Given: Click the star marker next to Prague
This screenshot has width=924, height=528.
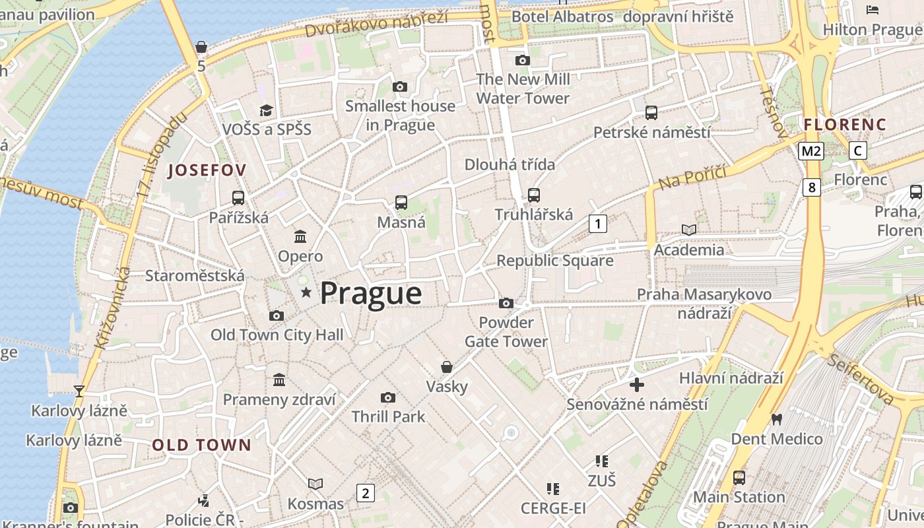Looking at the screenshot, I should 306,292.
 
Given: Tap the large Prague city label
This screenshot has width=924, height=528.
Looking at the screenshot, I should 371,293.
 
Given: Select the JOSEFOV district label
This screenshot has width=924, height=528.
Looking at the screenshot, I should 207,170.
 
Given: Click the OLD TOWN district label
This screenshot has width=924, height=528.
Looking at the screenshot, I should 202,445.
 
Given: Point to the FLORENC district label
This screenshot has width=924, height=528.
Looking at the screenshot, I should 845,124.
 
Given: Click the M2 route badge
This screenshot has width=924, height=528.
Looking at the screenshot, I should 810,151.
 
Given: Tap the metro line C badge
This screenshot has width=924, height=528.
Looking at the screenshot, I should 857,150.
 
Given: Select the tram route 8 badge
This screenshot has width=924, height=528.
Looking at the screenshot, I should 811,187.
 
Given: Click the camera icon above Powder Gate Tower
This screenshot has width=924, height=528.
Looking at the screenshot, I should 506,303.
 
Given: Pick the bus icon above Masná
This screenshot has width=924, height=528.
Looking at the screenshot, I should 401,203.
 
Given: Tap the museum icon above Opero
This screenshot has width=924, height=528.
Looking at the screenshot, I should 300,236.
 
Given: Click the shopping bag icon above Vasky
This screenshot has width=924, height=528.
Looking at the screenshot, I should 447,367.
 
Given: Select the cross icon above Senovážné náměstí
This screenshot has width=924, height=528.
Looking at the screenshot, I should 637,384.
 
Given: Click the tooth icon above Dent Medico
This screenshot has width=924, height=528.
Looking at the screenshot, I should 777,419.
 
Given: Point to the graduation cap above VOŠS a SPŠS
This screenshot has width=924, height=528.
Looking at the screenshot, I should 266,110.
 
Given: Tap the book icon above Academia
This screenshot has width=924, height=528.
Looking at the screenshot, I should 688,230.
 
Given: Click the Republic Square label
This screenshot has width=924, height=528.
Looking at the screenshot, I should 554,261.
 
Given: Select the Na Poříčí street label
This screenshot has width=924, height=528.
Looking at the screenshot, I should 692,177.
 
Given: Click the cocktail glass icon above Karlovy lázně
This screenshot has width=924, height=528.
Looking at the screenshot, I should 79,391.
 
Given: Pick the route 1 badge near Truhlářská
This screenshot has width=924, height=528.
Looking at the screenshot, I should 597,224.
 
